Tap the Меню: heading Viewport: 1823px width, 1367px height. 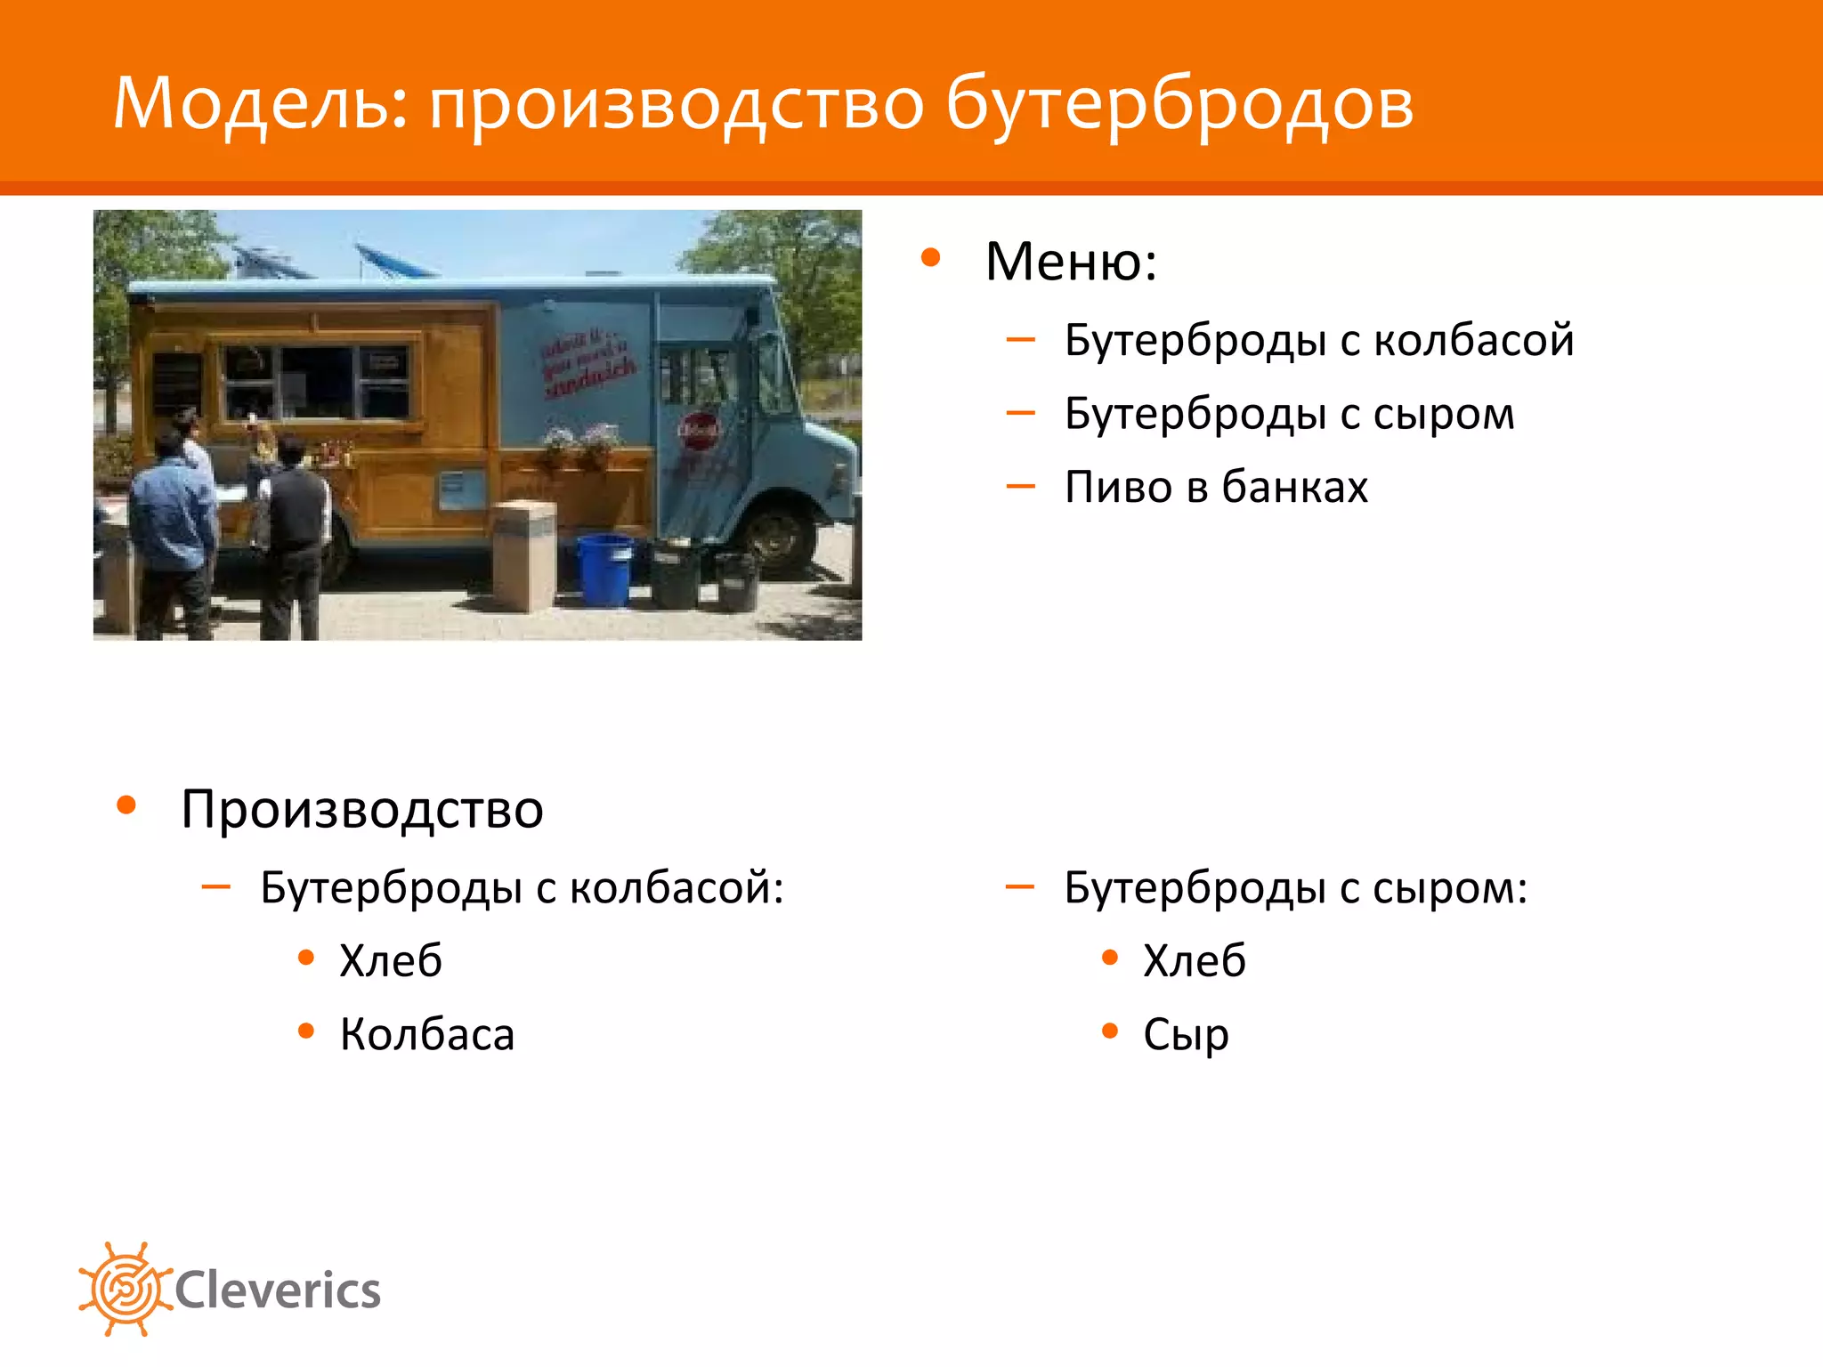1071,262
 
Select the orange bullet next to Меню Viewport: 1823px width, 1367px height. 931,258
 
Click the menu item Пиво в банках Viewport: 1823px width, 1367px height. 1216,487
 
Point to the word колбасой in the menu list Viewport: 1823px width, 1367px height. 1473,340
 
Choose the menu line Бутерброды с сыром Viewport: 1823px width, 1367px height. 1289,414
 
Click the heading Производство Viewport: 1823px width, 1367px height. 362,809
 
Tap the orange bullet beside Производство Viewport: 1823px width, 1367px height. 126,805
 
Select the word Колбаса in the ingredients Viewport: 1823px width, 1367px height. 427,1034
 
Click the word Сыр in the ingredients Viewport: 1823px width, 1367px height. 1186,1034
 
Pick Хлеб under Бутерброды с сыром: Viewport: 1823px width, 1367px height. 1194,961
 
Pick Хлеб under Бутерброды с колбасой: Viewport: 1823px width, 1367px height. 391,961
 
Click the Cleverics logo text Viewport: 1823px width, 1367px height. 278,1290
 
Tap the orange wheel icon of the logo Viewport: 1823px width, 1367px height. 125,1289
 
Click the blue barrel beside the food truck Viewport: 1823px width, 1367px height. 604,569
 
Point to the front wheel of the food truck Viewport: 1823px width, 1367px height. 776,535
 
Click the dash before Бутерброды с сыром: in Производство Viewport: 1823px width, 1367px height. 1019,886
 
